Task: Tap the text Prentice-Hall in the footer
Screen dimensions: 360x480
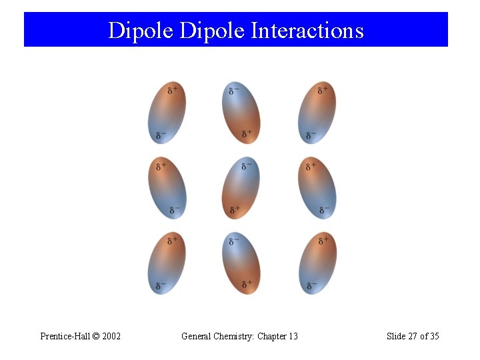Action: [x=65, y=336]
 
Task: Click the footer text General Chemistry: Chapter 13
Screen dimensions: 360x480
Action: [x=239, y=336]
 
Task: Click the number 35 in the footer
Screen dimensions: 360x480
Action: [x=433, y=336]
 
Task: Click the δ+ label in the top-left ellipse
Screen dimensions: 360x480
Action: [x=172, y=90]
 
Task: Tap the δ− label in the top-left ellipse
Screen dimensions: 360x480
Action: [x=161, y=135]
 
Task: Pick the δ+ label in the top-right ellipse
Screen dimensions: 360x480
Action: [x=322, y=90]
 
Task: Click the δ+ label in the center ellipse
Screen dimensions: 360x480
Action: [x=235, y=209]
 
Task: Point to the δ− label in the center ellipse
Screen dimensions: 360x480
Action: [x=246, y=165]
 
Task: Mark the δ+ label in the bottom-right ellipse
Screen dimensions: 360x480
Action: [x=323, y=240]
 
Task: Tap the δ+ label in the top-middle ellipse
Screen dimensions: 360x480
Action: [x=247, y=135]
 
